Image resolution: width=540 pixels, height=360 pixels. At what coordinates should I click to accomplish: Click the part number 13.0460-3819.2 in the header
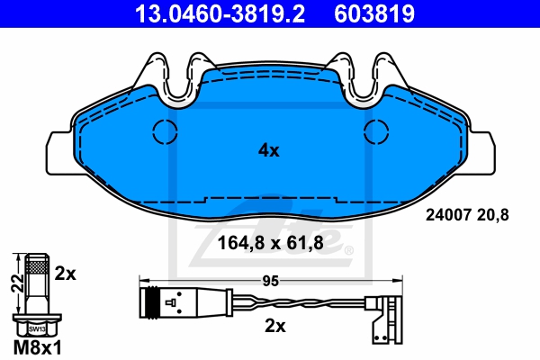(220, 13)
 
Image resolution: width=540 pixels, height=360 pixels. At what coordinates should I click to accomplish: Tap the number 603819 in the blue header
(374, 13)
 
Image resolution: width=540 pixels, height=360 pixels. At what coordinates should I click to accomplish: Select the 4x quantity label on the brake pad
(269, 150)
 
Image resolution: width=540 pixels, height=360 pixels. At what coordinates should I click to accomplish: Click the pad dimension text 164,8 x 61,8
(271, 243)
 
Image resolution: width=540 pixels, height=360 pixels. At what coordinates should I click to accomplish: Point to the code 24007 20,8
(467, 215)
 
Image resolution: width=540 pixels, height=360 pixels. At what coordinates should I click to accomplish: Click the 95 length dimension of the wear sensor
(270, 281)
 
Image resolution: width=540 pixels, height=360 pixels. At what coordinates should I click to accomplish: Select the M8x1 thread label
(38, 348)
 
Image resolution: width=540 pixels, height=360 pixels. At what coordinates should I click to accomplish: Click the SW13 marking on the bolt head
(37, 329)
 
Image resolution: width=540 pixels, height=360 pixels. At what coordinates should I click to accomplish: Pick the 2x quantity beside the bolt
(66, 274)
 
